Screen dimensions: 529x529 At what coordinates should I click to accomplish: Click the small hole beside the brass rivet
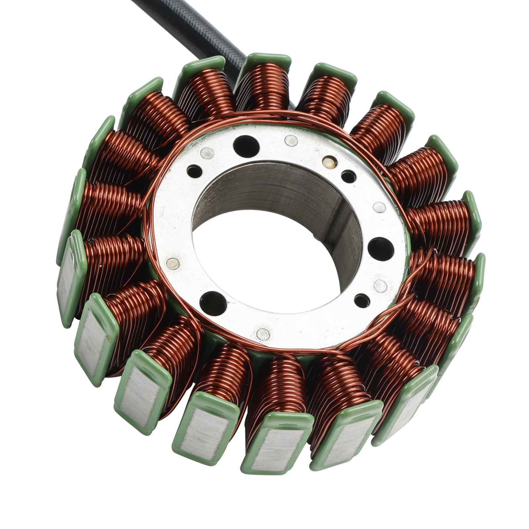pyautogui.click(x=348, y=177)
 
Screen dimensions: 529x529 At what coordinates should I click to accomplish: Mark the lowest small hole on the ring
pyautogui.click(x=362, y=301)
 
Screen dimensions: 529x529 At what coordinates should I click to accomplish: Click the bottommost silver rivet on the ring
pyautogui.click(x=263, y=334)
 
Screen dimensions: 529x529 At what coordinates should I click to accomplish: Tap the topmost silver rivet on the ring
pyautogui.click(x=291, y=141)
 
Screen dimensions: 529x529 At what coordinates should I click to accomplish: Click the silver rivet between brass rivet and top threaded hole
pyautogui.click(x=291, y=141)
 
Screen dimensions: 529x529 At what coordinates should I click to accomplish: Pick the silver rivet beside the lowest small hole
pyautogui.click(x=381, y=286)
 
